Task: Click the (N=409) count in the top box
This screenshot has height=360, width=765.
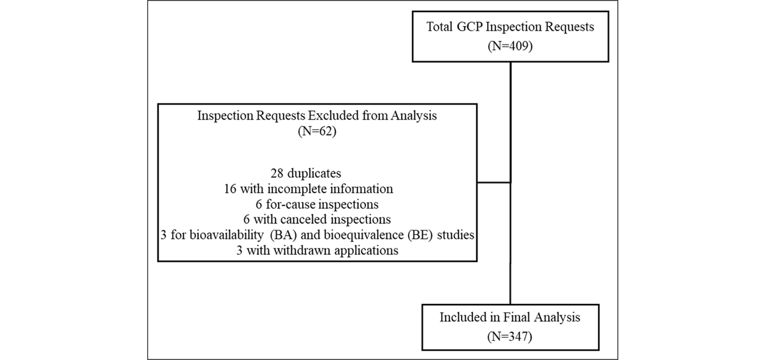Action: pyautogui.click(x=510, y=46)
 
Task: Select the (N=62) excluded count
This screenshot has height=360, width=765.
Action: pyautogui.click(x=317, y=131)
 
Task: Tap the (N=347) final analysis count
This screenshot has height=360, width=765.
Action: pyautogui.click(x=509, y=336)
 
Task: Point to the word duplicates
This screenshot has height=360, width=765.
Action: pyautogui.click(x=314, y=173)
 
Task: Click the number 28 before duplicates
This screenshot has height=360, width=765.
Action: pyautogui.click(x=277, y=173)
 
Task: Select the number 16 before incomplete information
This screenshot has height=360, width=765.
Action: pyautogui.click(x=230, y=189)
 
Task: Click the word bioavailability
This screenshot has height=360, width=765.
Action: pyautogui.click(x=227, y=235)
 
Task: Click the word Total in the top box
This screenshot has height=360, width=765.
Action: pyautogui.click(x=439, y=27)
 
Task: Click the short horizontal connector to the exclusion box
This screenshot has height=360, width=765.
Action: pyautogui.click(x=494, y=183)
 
